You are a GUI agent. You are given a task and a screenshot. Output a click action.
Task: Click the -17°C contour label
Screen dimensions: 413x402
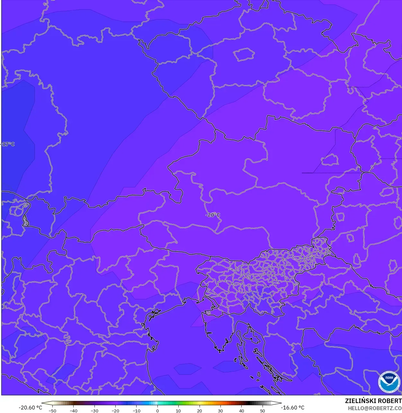(8, 144)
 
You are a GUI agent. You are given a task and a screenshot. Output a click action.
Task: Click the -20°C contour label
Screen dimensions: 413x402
(213, 215)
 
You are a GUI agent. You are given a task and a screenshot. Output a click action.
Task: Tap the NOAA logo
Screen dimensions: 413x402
(389, 382)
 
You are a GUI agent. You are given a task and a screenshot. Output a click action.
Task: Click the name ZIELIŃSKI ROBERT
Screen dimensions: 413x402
(373, 401)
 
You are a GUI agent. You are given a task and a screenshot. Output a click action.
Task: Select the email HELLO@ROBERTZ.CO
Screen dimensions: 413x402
(375, 408)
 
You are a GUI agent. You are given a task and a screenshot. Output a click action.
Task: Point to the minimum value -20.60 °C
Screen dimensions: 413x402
(30, 408)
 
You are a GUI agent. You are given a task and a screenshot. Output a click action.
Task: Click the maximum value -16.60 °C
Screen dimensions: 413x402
(292, 408)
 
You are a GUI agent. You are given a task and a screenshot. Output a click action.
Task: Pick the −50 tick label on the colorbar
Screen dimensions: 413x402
(52, 411)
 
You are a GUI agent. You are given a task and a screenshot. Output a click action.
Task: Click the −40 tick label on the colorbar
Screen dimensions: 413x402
(73, 411)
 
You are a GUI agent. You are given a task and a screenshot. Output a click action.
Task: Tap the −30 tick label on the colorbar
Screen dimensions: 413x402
(94, 411)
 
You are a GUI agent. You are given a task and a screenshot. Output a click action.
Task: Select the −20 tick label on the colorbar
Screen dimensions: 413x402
(115, 411)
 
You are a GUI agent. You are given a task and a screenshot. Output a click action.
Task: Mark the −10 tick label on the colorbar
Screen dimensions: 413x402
(136, 411)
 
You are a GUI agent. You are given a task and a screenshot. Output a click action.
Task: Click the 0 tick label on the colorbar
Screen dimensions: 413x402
(157, 411)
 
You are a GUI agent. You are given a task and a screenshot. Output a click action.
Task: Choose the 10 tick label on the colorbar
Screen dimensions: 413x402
(178, 411)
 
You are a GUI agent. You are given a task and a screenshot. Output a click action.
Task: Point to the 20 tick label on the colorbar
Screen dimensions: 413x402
(200, 411)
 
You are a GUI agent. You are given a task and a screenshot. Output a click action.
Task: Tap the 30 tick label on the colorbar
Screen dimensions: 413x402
(220, 411)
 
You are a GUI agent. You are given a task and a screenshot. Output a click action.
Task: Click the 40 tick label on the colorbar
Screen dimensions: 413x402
(242, 411)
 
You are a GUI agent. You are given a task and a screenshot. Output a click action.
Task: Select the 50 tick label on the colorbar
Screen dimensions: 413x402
(263, 411)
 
